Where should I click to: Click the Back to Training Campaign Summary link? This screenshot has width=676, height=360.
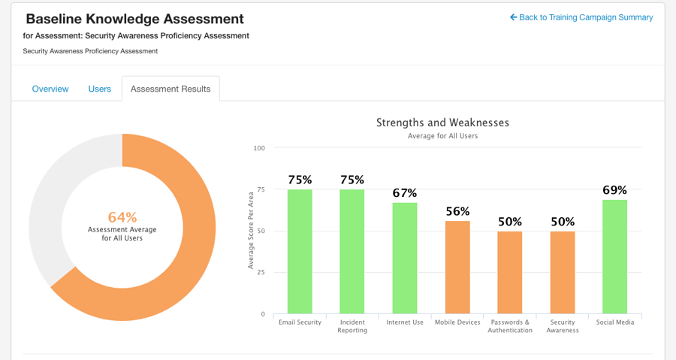point(581,17)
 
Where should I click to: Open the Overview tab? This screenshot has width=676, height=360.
point(50,89)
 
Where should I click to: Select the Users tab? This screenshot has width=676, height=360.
point(100,89)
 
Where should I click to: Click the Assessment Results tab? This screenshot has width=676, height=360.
point(171,89)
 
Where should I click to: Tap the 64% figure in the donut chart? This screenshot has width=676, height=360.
point(122,217)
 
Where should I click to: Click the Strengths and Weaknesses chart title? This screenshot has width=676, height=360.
point(442,123)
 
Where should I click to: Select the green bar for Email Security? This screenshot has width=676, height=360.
point(300,252)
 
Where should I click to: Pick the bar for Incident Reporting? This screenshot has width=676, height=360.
point(352,252)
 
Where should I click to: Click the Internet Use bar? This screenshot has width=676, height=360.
point(405,258)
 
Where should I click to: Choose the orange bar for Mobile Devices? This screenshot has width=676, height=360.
point(457,268)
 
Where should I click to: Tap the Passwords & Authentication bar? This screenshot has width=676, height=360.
point(510,273)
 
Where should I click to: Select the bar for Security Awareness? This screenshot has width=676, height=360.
point(563,273)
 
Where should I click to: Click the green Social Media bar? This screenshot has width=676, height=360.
point(614,256)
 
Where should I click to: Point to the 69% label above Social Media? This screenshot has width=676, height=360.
point(614,190)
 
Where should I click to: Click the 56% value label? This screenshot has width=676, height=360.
point(457,211)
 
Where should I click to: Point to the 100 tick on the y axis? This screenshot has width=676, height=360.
point(259,148)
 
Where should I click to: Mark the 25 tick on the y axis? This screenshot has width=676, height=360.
point(261,272)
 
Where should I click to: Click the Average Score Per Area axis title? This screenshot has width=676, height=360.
point(251,230)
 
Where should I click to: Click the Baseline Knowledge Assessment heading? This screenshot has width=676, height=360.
point(134,19)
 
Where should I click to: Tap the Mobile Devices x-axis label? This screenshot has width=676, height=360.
point(457,322)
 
